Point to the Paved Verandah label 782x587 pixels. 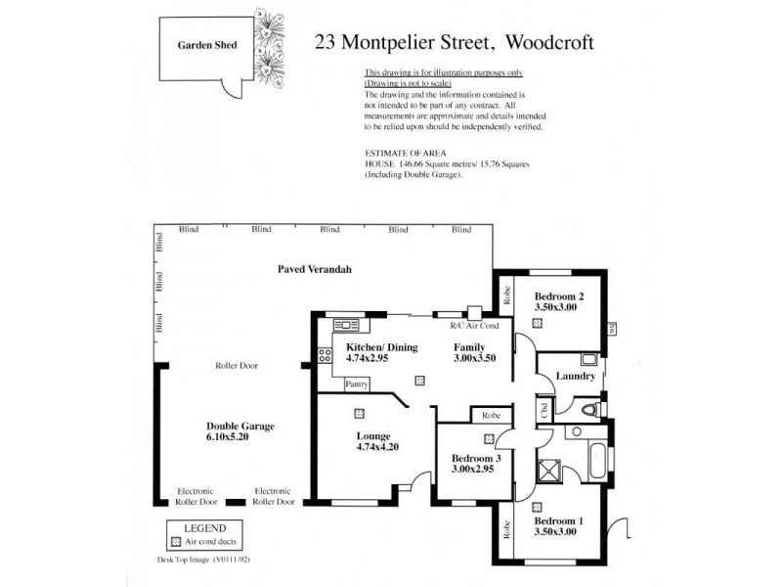314,269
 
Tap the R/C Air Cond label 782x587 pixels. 474,326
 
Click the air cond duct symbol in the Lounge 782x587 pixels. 360,413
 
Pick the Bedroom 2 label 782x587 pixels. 559,296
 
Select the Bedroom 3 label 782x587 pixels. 475,457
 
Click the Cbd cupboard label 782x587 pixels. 543,410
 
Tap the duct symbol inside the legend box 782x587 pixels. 176,540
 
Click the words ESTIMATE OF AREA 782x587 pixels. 399,155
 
